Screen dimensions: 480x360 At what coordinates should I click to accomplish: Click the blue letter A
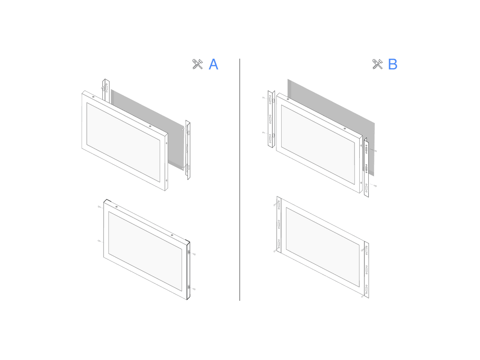213,64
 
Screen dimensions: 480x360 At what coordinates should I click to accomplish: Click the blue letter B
393,64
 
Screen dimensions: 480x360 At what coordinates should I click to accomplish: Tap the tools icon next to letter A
197,64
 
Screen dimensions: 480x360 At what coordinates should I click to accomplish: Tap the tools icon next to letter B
377,64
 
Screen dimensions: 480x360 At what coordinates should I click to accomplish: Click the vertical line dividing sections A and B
240,180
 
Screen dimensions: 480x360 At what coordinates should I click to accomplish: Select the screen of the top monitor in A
124,142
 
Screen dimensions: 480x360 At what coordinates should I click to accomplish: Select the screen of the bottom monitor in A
145,251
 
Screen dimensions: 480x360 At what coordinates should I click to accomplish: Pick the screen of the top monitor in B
318,144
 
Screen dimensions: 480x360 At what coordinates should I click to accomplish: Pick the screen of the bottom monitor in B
323,247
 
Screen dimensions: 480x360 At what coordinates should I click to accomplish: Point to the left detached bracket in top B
271,119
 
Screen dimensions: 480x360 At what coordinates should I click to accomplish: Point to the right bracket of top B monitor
366,167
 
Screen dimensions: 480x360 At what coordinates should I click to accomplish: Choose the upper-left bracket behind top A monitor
106,90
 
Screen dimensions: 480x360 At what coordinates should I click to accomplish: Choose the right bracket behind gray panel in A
188,150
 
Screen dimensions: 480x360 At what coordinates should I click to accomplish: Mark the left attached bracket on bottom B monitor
279,225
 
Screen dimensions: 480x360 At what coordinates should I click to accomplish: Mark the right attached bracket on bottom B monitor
366,270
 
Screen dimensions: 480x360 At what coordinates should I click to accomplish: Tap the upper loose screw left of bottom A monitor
99,207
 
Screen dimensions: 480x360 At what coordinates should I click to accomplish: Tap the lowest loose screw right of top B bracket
374,186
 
